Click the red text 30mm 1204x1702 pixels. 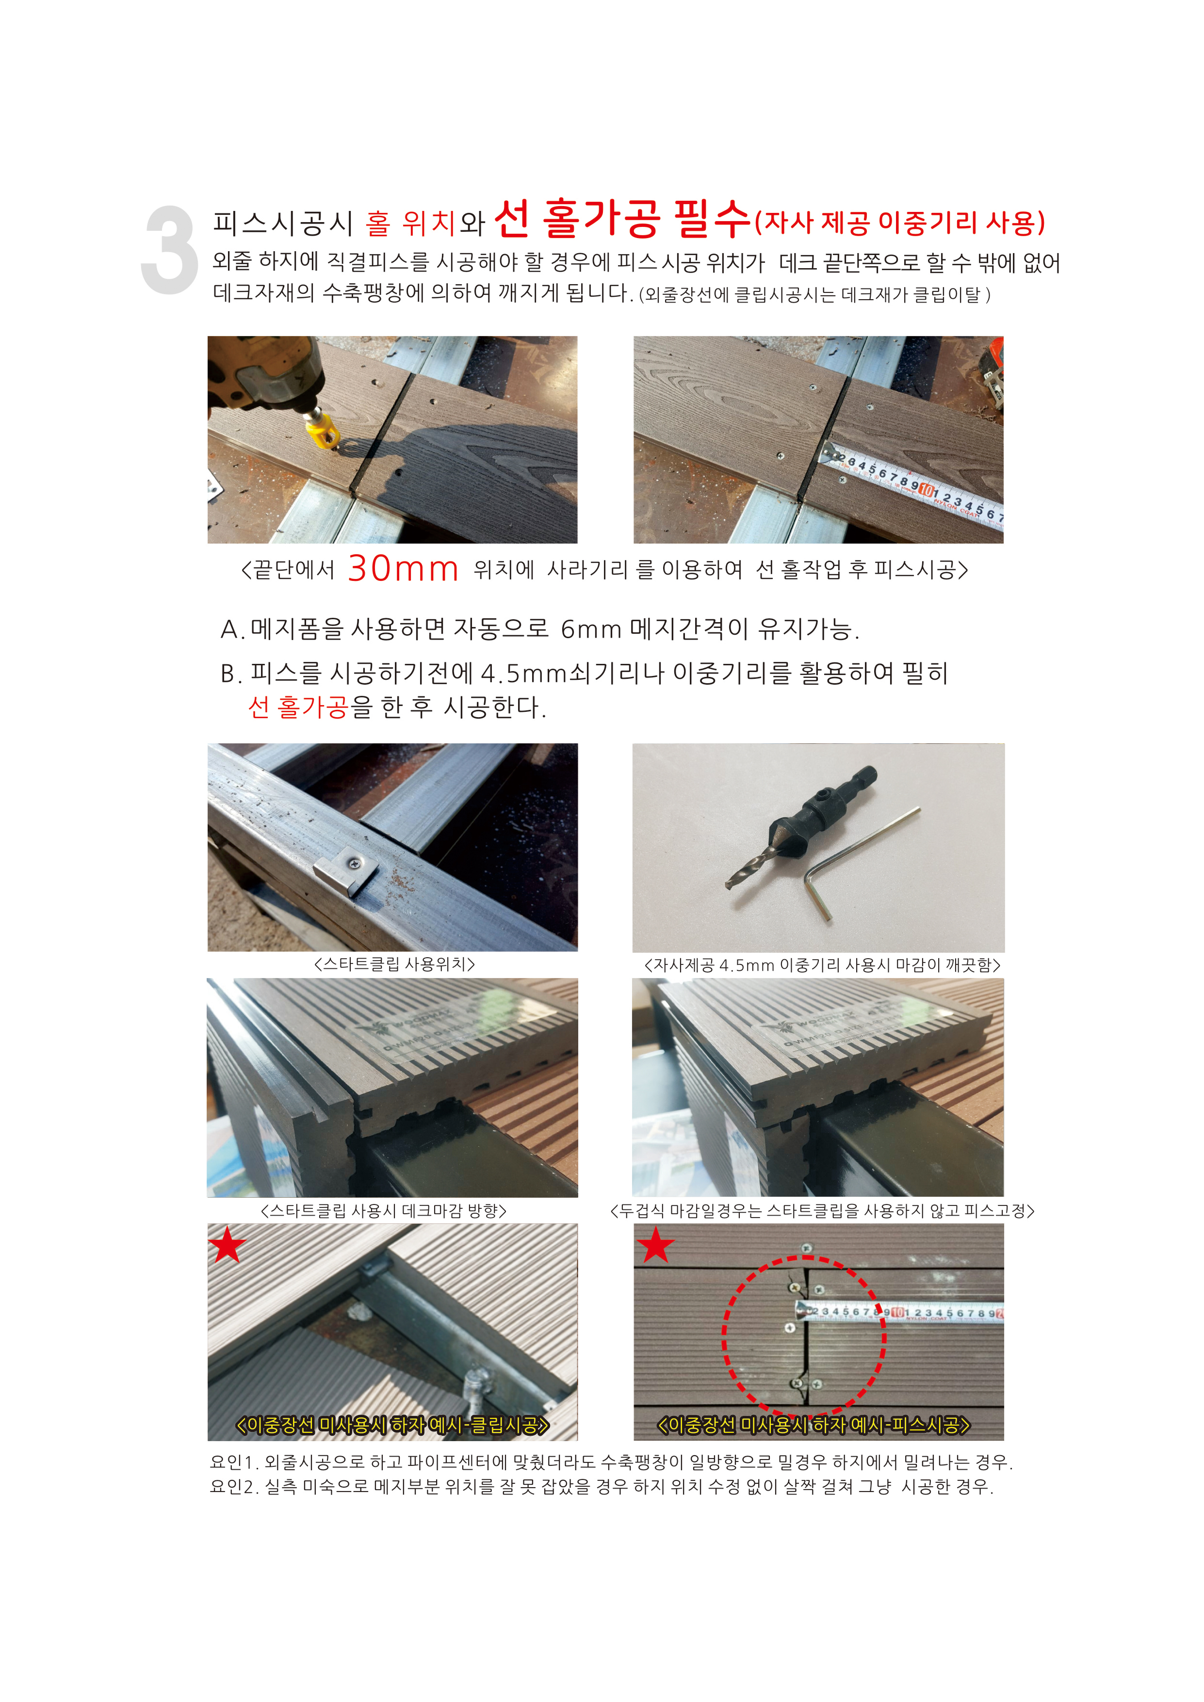tap(403, 569)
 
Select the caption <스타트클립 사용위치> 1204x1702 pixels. tap(394, 963)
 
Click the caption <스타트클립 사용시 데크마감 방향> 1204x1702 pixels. tap(383, 1210)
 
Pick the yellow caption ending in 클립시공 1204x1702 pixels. tap(392, 1425)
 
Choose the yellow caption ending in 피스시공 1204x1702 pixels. tap(814, 1425)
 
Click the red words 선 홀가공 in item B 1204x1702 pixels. tap(298, 706)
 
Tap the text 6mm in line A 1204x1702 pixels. tap(591, 629)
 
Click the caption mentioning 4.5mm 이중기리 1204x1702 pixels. tap(822, 964)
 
